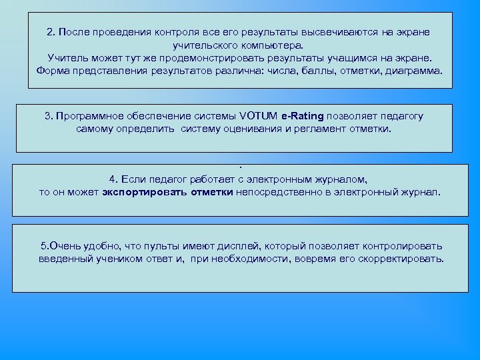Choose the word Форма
click(53, 71)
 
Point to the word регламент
click(313, 129)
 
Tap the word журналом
click(339, 179)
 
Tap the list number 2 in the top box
click(50, 33)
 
